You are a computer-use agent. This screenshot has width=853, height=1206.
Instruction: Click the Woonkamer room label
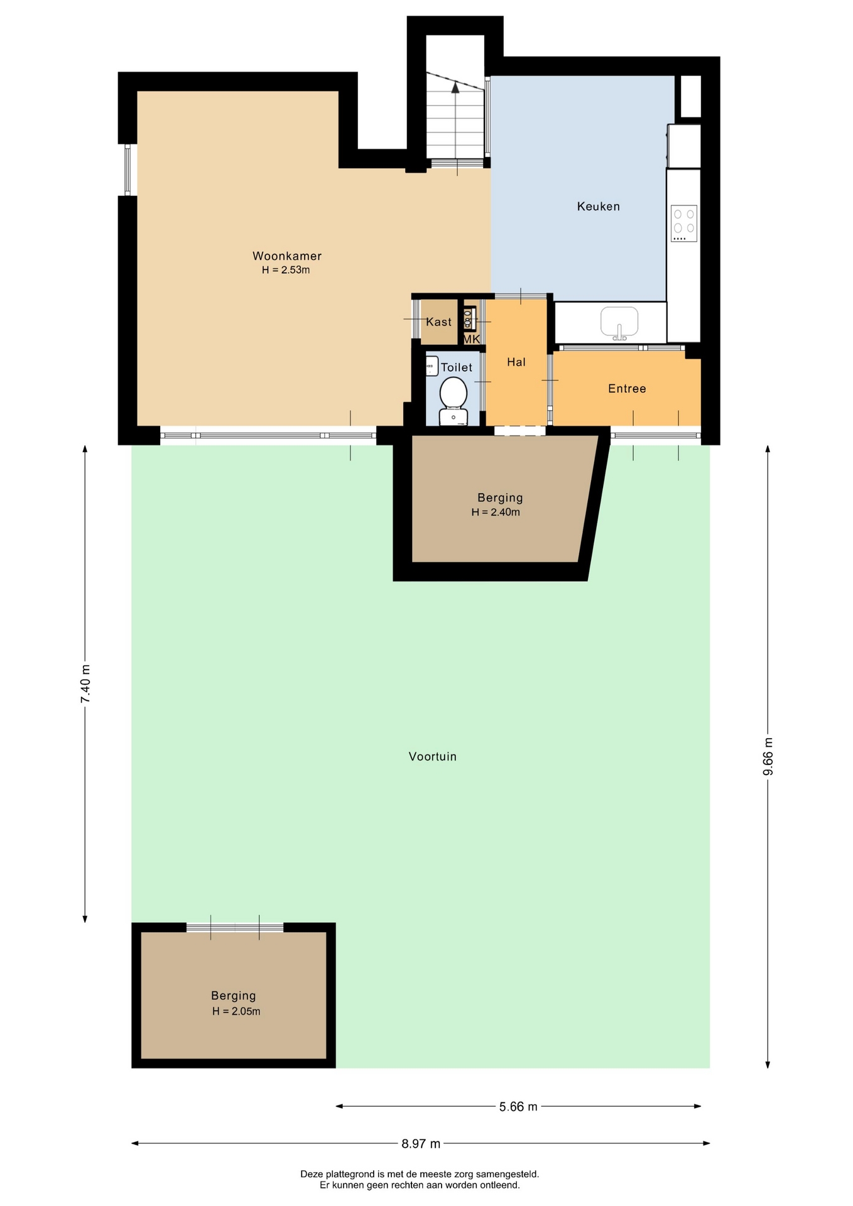click(287, 256)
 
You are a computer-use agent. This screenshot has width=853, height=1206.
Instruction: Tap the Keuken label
click(599, 206)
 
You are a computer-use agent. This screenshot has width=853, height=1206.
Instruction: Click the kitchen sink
click(619, 322)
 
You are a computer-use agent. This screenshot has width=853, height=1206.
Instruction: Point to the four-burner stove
click(684, 223)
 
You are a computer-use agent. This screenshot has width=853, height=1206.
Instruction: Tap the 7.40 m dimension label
click(86, 684)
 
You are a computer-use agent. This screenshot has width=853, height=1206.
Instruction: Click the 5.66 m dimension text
click(518, 1106)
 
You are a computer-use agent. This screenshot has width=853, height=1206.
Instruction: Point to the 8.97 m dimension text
click(421, 1143)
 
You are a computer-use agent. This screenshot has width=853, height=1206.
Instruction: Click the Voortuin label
click(433, 756)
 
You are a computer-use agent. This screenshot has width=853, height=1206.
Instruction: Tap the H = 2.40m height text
click(496, 512)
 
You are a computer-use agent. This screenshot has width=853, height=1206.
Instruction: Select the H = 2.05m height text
click(236, 1011)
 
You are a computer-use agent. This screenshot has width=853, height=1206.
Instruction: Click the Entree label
click(627, 388)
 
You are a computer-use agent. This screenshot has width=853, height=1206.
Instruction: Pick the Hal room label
click(516, 362)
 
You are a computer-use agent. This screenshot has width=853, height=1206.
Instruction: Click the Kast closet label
click(438, 322)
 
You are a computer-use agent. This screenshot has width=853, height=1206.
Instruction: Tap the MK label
click(472, 339)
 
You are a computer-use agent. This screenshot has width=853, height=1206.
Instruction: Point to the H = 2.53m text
click(286, 270)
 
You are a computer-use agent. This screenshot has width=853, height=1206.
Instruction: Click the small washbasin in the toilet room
click(432, 366)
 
